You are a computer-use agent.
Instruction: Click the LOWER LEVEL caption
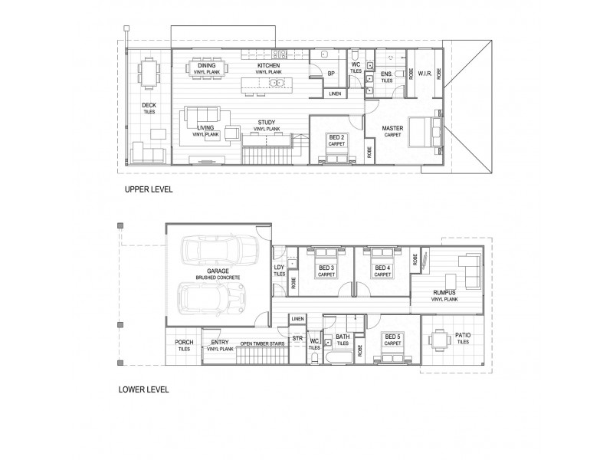(144, 389)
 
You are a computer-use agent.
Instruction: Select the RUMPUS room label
(444, 294)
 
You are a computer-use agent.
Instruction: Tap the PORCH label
(183, 345)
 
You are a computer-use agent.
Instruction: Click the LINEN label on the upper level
(335, 94)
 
